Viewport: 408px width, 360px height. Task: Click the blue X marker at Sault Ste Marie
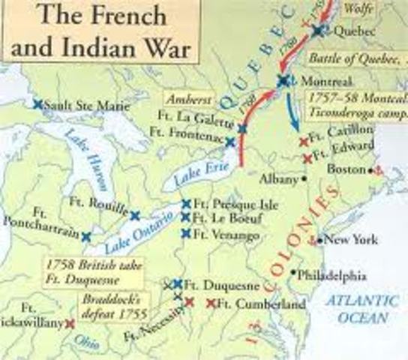click(x=37, y=105)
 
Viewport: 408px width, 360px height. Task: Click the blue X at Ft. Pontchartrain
click(x=87, y=236)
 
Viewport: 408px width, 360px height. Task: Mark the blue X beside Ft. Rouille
click(x=134, y=216)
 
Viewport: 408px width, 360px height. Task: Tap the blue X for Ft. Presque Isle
click(x=186, y=204)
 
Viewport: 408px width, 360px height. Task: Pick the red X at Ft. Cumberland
click(x=211, y=304)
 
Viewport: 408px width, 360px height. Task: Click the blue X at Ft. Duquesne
click(x=178, y=284)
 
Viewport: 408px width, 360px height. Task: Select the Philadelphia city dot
click(x=293, y=272)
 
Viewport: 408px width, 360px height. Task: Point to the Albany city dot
click(x=303, y=179)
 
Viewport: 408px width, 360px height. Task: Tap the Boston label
click(x=346, y=169)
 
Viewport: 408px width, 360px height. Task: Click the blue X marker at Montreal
click(x=283, y=80)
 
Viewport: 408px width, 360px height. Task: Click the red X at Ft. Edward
click(x=307, y=158)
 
